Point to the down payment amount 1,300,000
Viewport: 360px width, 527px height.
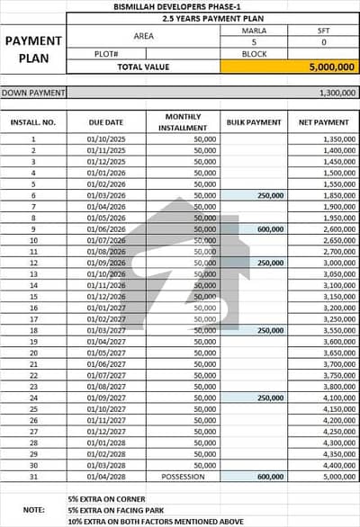(337, 93)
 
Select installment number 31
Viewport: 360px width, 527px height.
(32, 477)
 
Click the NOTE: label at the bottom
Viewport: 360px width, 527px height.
(32, 510)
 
